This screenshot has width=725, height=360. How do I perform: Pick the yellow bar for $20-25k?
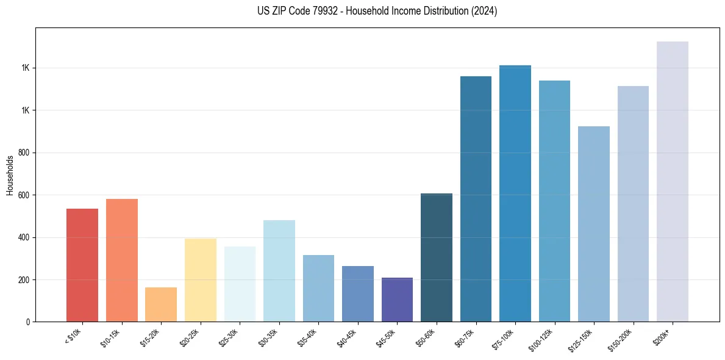(x=201, y=280)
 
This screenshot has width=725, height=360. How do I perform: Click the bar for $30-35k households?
(x=279, y=271)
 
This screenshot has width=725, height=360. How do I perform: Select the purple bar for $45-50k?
(x=397, y=300)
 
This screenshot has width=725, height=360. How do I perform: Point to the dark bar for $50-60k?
(x=437, y=257)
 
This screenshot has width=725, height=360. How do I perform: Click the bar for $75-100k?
(x=515, y=193)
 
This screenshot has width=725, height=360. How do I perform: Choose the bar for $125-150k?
(x=594, y=224)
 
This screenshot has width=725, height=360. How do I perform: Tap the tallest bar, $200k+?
(x=673, y=182)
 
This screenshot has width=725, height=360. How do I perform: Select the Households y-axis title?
(x=10, y=175)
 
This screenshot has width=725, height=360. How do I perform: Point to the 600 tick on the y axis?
(x=25, y=195)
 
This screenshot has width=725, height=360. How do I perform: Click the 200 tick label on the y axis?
(x=25, y=280)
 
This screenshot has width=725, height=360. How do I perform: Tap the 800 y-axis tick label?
(x=25, y=153)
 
